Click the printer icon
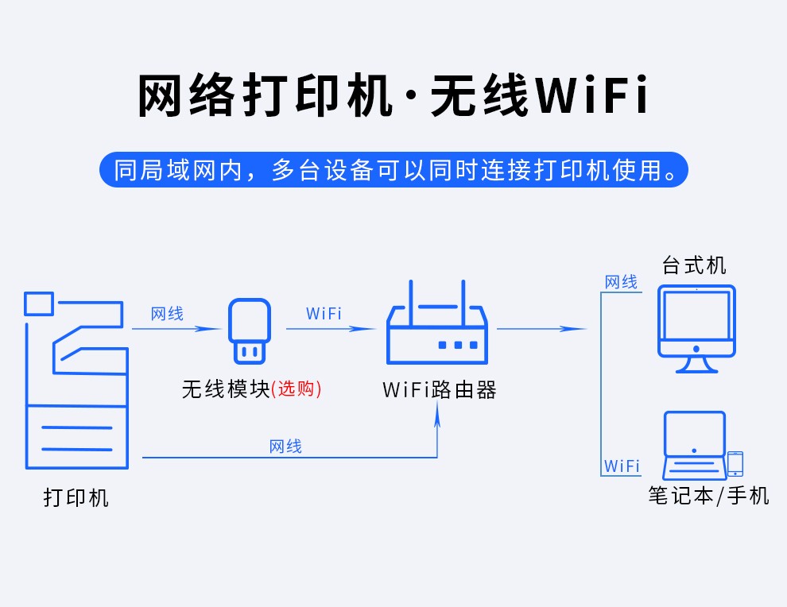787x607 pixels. pyautogui.click(x=76, y=381)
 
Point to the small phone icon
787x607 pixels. pyautogui.click(x=735, y=464)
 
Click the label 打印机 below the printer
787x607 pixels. pyautogui.click(x=76, y=498)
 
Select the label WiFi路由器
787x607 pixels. pyautogui.click(x=440, y=390)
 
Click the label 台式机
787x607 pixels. pyautogui.click(x=695, y=265)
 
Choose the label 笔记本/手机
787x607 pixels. pyautogui.click(x=708, y=496)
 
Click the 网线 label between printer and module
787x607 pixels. pyautogui.click(x=168, y=314)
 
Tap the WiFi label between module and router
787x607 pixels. pyautogui.click(x=324, y=314)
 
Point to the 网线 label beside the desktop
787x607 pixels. pyautogui.click(x=621, y=282)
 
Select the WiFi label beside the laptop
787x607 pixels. pyautogui.click(x=622, y=466)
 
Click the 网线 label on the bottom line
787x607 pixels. pyautogui.click(x=285, y=447)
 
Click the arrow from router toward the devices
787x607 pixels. pyautogui.click(x=541, y=328)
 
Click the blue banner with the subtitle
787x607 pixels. pyautogui.click(x=393, y=170)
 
